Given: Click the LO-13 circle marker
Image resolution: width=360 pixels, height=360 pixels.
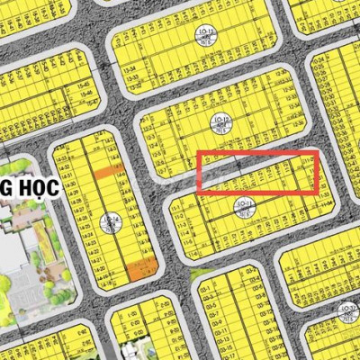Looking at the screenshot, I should pyautogui.click(x=205, y=37).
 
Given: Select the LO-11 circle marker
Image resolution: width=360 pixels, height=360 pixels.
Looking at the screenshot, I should pyautogui.click(x=243, y=205).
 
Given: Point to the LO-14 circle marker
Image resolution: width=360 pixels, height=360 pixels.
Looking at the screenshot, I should pyautogui.click(x=111, y=220).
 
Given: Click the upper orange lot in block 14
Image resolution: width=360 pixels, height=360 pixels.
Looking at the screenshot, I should pyautogui.click(x=109, y=171).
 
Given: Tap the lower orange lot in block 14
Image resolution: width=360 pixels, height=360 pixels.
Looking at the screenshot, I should pyautogui.click(x=139, y=267).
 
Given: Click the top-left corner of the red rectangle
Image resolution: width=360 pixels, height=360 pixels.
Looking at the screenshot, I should pyautogui.click(x=198, y=155).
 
